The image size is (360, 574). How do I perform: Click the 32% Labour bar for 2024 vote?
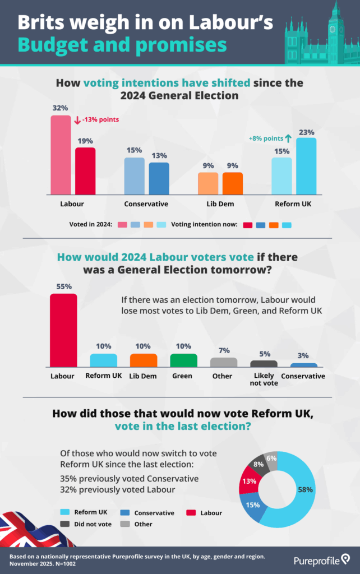point(62,154)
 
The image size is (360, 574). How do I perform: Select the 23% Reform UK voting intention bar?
point(306,166)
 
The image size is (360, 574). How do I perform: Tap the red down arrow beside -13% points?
point(77,119)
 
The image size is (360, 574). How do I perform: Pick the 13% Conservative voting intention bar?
point(159,178)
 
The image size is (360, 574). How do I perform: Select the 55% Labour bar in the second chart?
point(63,330)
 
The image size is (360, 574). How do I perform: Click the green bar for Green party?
point(183,360)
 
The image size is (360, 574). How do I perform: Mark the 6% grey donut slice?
point(271,458)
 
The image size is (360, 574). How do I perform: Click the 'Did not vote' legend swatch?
point(64,524)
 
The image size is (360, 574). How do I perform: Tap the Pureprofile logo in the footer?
point(322,559)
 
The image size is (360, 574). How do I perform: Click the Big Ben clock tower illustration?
point(335,28)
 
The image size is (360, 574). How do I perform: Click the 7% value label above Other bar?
point(224,350)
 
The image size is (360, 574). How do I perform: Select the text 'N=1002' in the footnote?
point(66,564)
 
